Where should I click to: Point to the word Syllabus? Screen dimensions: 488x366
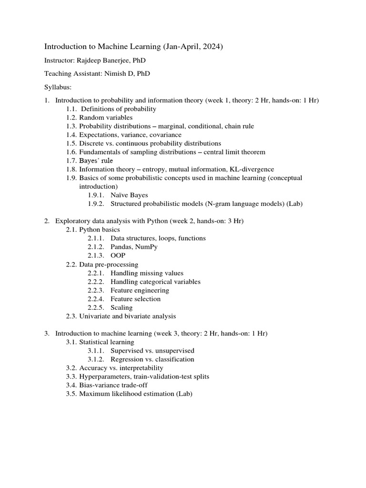click(x=58, y=87)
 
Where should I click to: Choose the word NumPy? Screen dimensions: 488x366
click(x=149, y=246)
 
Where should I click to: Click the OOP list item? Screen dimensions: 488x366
click(x=118, y=255)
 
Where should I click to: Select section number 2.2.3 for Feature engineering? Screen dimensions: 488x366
click(x=97, y=290)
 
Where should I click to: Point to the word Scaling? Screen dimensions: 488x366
click(x=122, y=307)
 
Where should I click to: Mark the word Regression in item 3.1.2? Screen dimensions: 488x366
click(x=127, y=359)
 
